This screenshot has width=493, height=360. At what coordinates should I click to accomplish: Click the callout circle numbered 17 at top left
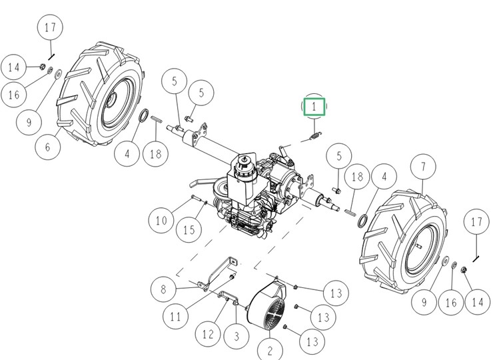point(51,29)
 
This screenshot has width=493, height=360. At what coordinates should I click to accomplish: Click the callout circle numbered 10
point(162,220)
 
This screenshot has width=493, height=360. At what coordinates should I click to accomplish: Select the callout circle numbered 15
point(189,229)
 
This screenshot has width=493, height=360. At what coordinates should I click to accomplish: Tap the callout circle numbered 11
point(175,317)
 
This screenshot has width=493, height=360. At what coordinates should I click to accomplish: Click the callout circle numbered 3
point(236,337)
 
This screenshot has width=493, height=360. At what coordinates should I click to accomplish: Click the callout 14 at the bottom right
point(476,302)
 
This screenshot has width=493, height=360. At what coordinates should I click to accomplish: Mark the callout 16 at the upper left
point(15,95)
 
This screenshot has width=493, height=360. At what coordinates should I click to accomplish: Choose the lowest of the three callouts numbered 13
point(312,343)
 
